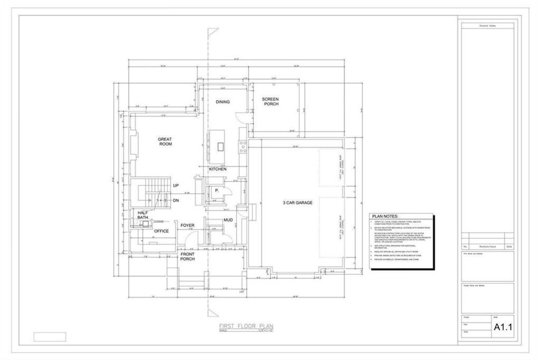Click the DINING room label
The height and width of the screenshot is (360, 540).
pyautogui.click(x=223, y=102)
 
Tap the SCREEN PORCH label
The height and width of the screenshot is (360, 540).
pyautogui.click(x=270, y=101)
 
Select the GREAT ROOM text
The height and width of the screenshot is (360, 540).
pyautogui.click(x=165, y=141)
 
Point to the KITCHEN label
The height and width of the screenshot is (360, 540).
pyautogui.click(x=218, y=169)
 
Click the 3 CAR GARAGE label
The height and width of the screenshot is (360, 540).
pyautogui.click(x=297, y=203)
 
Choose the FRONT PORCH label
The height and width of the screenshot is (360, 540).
pyautogui.click(x=187, y=257)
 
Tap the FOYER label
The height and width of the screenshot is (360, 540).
pyautogui.click(x=187, y=225)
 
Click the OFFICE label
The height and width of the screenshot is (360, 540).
pyautogui.click(x=161, y=231)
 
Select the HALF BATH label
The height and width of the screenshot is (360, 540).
pyautogui.click(x=143, y=215)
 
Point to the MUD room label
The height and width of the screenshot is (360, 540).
pyautogui.click(x=228, y=220)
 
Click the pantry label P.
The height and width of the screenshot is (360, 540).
pyautogui.click(x=216, y=191)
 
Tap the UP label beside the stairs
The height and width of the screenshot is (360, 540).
pyautogui.click(x=176, y=186)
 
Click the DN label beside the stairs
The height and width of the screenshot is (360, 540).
pyautogui.click(x=176, y=200)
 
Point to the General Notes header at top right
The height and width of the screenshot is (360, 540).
pyautogui.click(x=487, y=26)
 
